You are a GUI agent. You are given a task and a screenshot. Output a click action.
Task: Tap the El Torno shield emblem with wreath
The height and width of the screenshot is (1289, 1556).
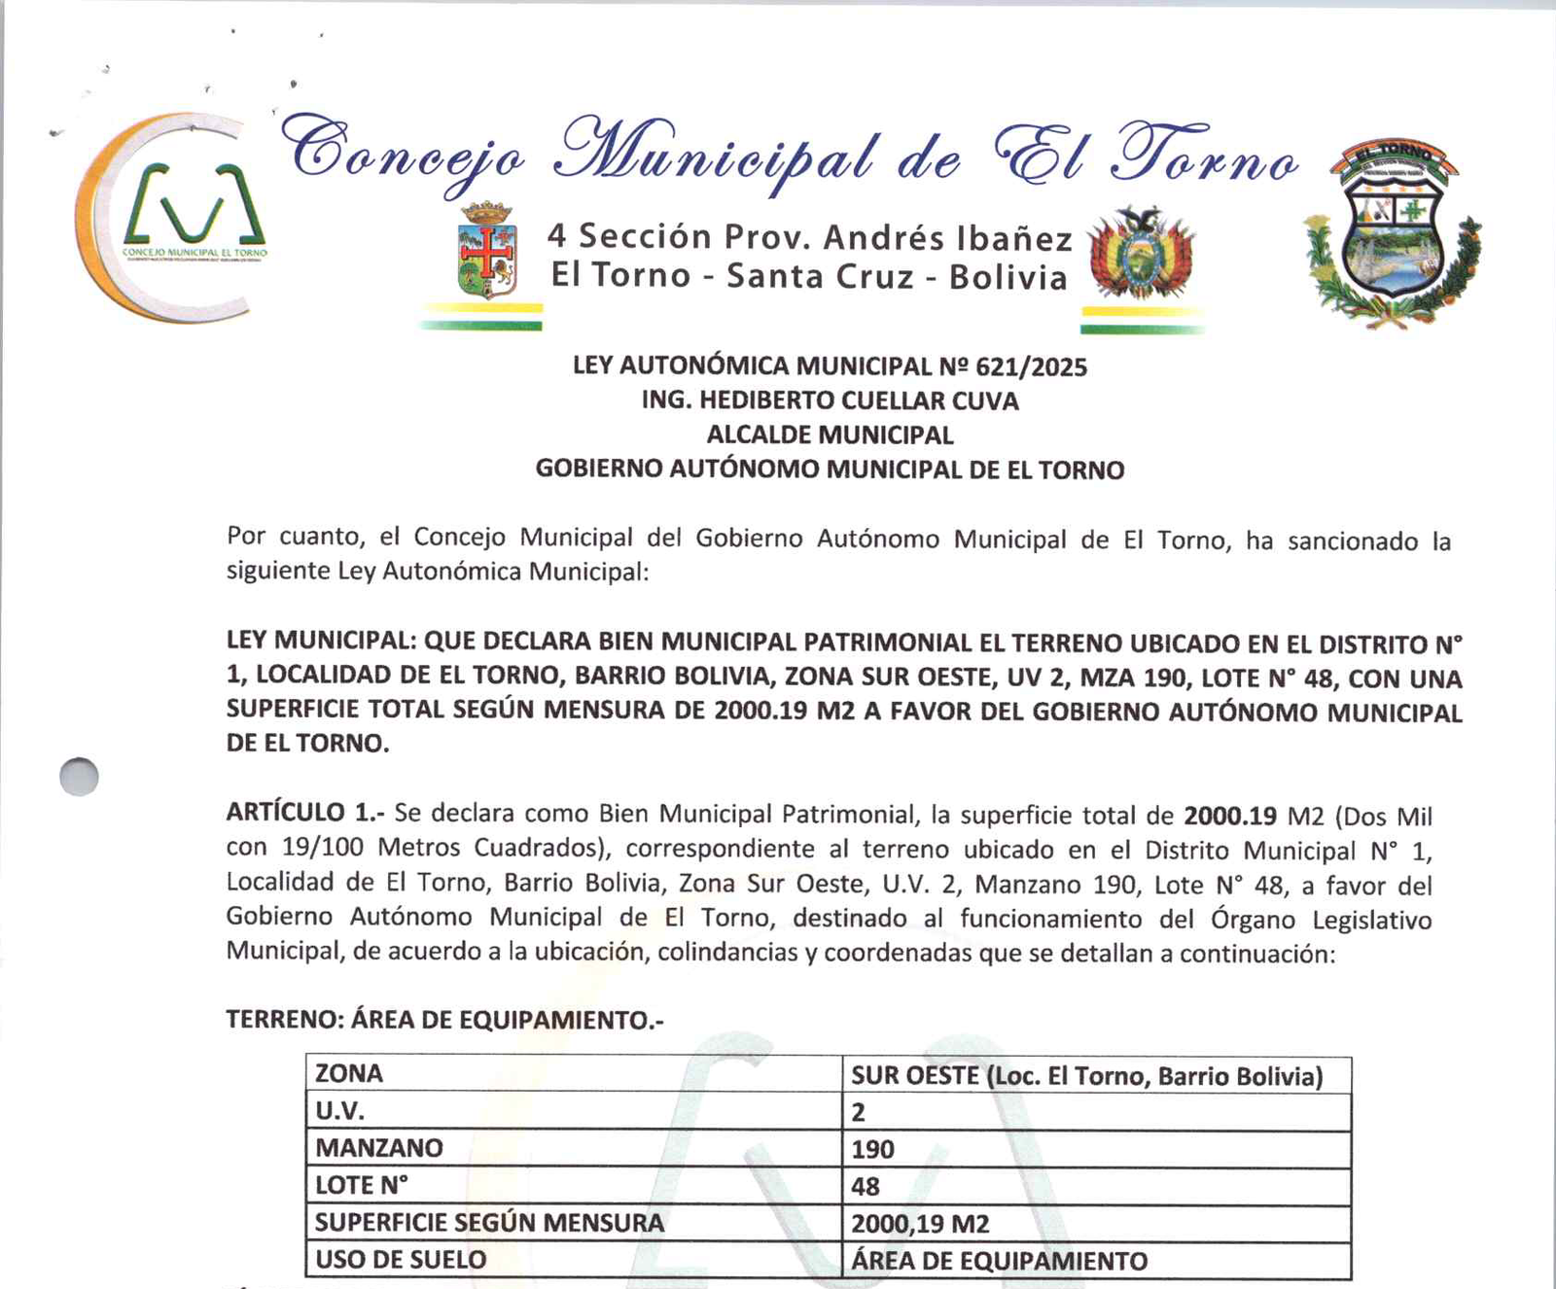(1393, 233)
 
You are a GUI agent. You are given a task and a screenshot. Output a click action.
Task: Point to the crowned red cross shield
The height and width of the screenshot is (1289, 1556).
(486, 251)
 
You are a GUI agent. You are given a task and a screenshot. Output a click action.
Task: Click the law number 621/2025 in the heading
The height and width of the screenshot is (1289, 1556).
(1031, 367)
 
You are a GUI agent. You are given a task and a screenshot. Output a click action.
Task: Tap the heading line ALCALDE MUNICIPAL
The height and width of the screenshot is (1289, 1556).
(830, 435)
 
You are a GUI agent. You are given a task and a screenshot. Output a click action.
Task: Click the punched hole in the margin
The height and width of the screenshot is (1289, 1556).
(79, 777)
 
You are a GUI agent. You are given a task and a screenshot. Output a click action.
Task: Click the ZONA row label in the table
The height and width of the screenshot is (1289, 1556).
(349, 1074)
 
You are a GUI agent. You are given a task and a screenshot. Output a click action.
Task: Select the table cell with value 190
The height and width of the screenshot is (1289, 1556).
(872, 1149)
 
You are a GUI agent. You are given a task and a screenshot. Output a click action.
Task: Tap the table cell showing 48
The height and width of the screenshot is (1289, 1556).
(865, 1186)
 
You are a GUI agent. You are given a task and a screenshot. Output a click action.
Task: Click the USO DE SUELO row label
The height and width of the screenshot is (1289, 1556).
(401, 1260)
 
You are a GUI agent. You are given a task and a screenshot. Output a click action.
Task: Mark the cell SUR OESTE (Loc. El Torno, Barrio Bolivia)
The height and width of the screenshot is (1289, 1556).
(1086, 1076)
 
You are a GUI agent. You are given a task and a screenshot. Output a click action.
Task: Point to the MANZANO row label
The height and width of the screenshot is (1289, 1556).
(378, 1148)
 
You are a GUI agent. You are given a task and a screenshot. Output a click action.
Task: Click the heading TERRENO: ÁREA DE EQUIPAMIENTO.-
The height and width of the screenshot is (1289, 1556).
(444, 1020)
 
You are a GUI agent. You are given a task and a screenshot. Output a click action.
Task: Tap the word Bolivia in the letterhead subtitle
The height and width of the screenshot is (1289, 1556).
(1008, 278)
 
